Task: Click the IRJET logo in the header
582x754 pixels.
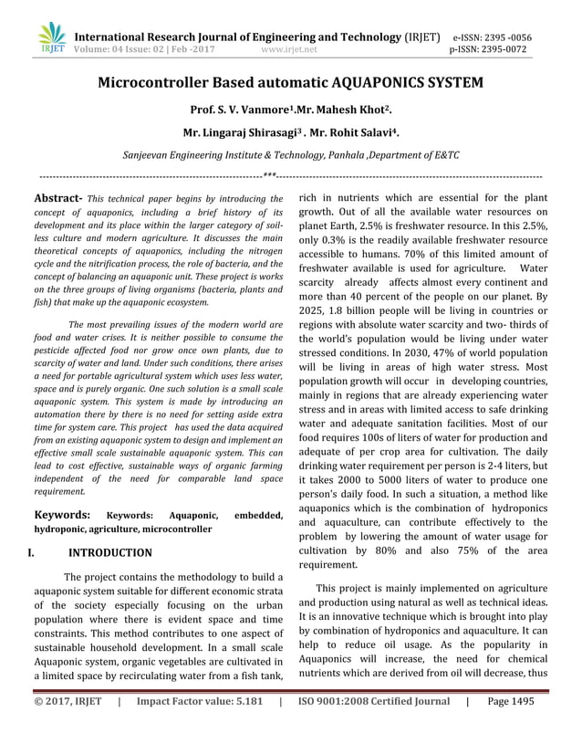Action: click(52, 37)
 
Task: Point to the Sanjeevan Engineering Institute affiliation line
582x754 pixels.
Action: click(291, 157)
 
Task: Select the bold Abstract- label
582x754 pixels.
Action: click(57, 197)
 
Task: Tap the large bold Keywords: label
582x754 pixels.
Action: click(61, 515)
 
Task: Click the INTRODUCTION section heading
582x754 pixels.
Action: click(110, 552)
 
